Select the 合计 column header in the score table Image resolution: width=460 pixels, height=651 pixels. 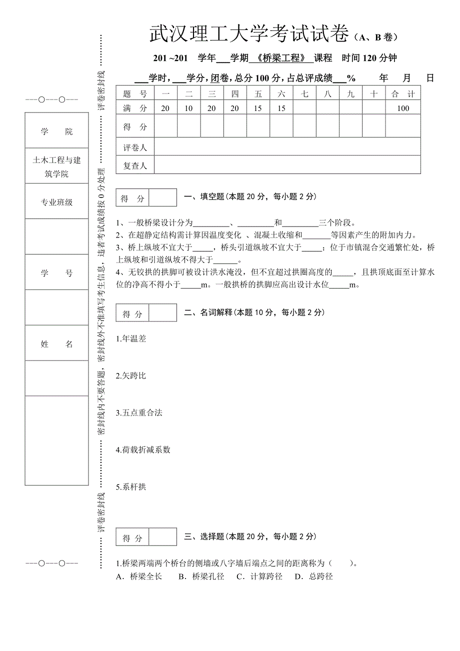pos(403,93)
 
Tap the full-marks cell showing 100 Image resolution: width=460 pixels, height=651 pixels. pos(403,108)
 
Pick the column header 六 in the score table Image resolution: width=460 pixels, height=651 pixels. pos(281,93)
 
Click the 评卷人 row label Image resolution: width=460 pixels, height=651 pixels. pos(135,147)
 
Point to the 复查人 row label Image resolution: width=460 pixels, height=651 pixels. pos(135,165)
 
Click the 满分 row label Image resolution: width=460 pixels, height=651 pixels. pos(135,108)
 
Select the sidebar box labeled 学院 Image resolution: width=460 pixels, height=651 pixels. pos(56,131)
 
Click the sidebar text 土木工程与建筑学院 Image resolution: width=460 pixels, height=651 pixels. pos(56,167)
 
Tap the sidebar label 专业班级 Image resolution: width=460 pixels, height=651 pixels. pos(56,202)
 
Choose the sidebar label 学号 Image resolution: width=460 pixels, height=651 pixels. pos(56,273)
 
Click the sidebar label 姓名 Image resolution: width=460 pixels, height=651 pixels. pos(56,344)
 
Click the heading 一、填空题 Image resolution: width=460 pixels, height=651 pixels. pos(204,197)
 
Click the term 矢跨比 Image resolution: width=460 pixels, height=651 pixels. pos(132,375)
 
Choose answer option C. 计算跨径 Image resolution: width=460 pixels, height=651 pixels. pos(259,576)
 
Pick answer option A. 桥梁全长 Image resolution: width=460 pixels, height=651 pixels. pos(139,576)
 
